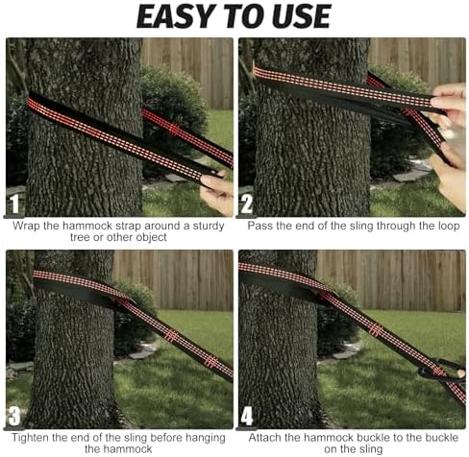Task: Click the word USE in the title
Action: click(300, 16)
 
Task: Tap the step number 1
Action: click(14, 204)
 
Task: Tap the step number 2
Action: click(247, 204)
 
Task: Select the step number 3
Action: click(14, 416)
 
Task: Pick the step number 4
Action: click(247, 416)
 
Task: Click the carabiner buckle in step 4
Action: click(442, 372)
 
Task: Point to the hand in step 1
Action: click(217, 192)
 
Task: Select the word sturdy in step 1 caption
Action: click(209, 227)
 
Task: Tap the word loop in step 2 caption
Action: click(449, 227)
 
